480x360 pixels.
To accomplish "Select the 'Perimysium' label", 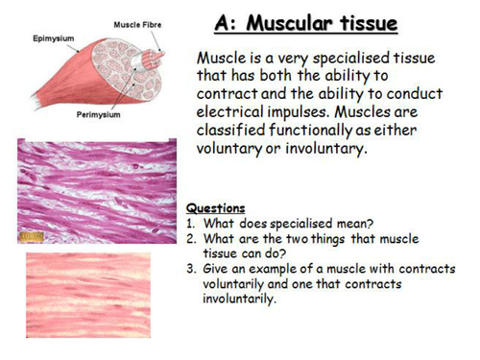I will click(x=97, y=114).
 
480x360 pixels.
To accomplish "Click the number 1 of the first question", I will click(x=189, y=222).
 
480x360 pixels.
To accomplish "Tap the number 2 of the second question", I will click(x=189, y=237).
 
